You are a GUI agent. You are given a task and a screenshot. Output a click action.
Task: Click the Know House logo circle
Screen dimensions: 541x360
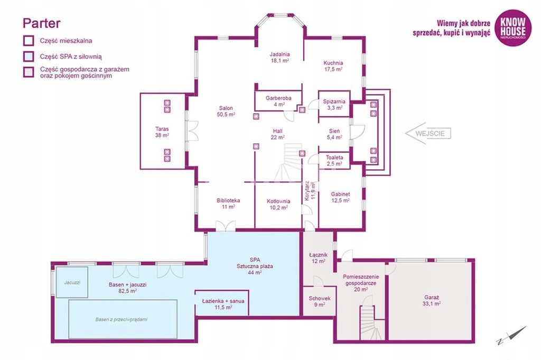[512, 27]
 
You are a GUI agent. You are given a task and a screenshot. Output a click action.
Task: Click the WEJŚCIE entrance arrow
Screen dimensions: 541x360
[428, 133]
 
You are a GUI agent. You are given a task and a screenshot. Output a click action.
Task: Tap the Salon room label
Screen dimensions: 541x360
[226, 111]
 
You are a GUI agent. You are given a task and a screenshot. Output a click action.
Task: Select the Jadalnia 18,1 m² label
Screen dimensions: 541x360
[279, 57]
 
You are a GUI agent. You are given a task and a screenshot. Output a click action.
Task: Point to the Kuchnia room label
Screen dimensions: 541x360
[333, 66]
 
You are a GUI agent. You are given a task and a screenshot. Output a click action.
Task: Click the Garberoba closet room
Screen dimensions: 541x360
[278, 101]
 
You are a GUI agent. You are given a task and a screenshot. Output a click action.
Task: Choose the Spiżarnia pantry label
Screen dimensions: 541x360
[334, 104]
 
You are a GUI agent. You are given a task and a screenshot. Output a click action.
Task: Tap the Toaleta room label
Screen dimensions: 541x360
[334, 161]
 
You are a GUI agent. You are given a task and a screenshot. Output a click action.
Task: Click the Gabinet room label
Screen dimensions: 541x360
[340, 197]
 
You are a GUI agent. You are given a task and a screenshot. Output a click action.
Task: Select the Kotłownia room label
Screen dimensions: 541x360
[278, 205]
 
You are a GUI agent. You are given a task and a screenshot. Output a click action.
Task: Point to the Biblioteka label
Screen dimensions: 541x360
[228, 204]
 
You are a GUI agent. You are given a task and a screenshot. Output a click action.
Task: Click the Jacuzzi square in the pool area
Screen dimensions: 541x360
[72, 282]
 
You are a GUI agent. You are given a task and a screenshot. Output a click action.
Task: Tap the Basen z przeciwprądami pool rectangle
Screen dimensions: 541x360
[123, 319]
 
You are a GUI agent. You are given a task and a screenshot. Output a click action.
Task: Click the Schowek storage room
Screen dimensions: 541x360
[320, 301]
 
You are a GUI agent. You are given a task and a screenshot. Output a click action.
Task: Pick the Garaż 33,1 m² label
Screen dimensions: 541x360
[432, 300]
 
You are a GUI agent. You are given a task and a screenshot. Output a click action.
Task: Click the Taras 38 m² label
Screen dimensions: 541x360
[162, 132]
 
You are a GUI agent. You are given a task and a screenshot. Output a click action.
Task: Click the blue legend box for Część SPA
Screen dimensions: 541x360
[29, 56]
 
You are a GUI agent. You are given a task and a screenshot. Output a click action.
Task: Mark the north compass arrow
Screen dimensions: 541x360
[512, 335]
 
